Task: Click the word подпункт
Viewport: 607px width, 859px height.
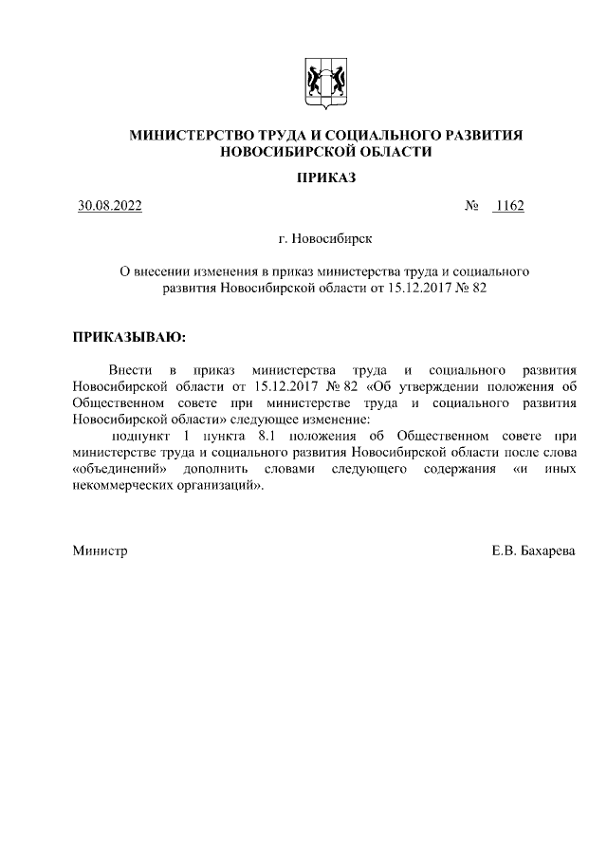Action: point(138,436)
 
